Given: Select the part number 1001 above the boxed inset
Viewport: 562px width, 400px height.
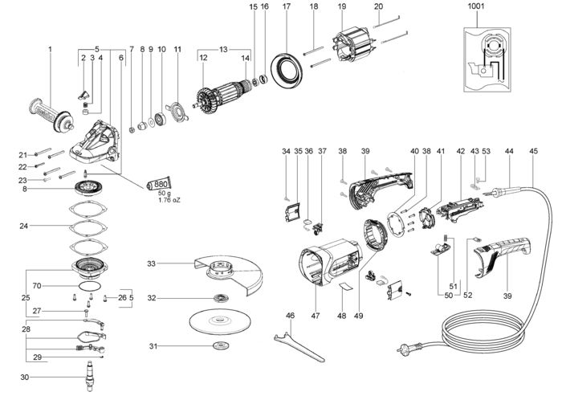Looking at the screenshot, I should (x=475, y=7).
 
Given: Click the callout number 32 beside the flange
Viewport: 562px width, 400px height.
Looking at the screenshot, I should (x=152, y=298).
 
